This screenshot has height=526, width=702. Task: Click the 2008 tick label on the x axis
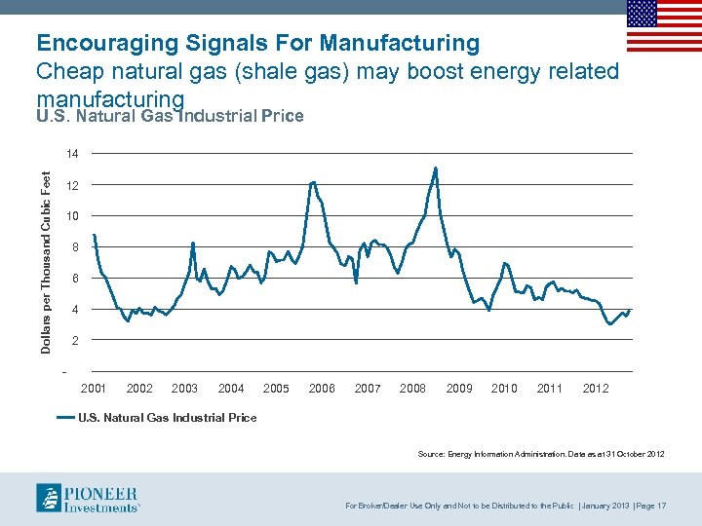tap(412, 389)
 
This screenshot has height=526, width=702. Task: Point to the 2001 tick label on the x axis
tap(94, 389)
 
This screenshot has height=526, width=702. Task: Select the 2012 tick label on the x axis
tap(596, 389)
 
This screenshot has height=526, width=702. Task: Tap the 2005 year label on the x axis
tap(276, 389)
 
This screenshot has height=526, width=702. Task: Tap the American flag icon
tap(664, 25)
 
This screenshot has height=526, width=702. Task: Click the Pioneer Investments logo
tap(88, 497)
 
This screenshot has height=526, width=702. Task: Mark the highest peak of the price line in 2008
tap(436, 169)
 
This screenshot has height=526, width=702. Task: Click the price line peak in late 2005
tap(313, 182)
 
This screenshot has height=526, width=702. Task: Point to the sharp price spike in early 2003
tap(194, 243)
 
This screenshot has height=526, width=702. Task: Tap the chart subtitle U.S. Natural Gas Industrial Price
tap(170, 117)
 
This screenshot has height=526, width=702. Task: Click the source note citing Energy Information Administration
tap(540, 455)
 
